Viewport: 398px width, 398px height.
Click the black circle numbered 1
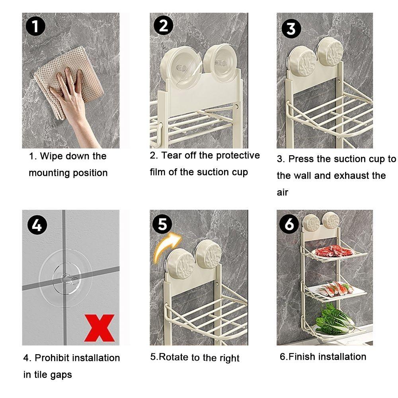pos(35,26)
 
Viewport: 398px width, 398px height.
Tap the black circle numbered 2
pos(164,25)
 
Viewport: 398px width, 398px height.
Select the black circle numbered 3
pos(291,29)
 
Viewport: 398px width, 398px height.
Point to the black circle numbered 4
pos(37,224)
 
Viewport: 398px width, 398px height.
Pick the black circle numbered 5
pos(162,224)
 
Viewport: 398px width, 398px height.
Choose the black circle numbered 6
pos(289,224)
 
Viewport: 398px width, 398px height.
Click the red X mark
pos(99,328)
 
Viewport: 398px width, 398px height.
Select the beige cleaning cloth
pos(68,81)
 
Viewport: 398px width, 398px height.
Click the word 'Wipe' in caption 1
pos(51,156)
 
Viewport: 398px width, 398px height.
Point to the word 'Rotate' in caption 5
pos(174,357)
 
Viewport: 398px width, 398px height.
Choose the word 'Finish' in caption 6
pos(302,356)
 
